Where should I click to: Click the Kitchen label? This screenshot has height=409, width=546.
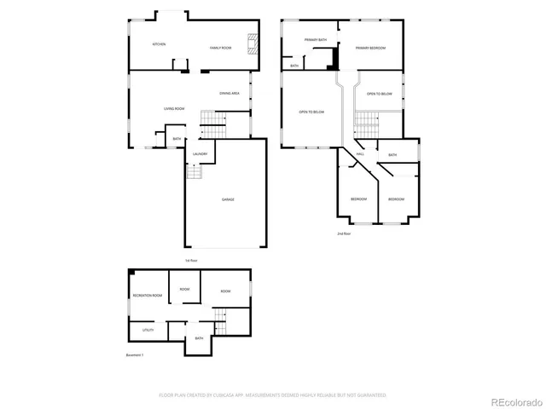tap(159, 44)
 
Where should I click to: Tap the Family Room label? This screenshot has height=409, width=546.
tap(221, 48)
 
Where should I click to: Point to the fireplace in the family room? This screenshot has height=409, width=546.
tap(253, 43)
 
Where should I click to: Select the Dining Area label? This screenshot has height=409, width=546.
tap(229, 93)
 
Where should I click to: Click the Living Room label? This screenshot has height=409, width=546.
tap(175, 109)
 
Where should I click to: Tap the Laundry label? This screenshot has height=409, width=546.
tap(200, 153)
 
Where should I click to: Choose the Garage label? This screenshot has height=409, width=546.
tap(229, 199)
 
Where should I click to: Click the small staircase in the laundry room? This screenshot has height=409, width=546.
tap(195, 172)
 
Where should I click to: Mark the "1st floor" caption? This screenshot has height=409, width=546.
tap(191, 260)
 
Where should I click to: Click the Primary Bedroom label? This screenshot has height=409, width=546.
tap(371, 48)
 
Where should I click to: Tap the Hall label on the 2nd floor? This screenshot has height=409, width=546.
tap(360, 155)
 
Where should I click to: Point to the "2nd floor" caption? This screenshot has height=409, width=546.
tap(344, 233)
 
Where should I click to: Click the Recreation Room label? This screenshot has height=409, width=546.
tap(147, 295)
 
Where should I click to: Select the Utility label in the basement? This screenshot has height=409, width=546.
tap(148, 329)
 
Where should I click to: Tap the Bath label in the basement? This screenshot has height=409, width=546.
tap(199, 338)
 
